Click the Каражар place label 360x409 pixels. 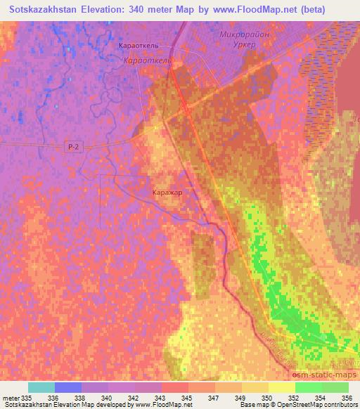168,190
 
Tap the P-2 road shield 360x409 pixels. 72,147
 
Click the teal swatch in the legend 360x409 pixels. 41,387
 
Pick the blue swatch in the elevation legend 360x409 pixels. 68,387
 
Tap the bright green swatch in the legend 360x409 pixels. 309,387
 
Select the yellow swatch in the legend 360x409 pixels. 282,387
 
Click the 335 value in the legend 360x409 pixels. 27,398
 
